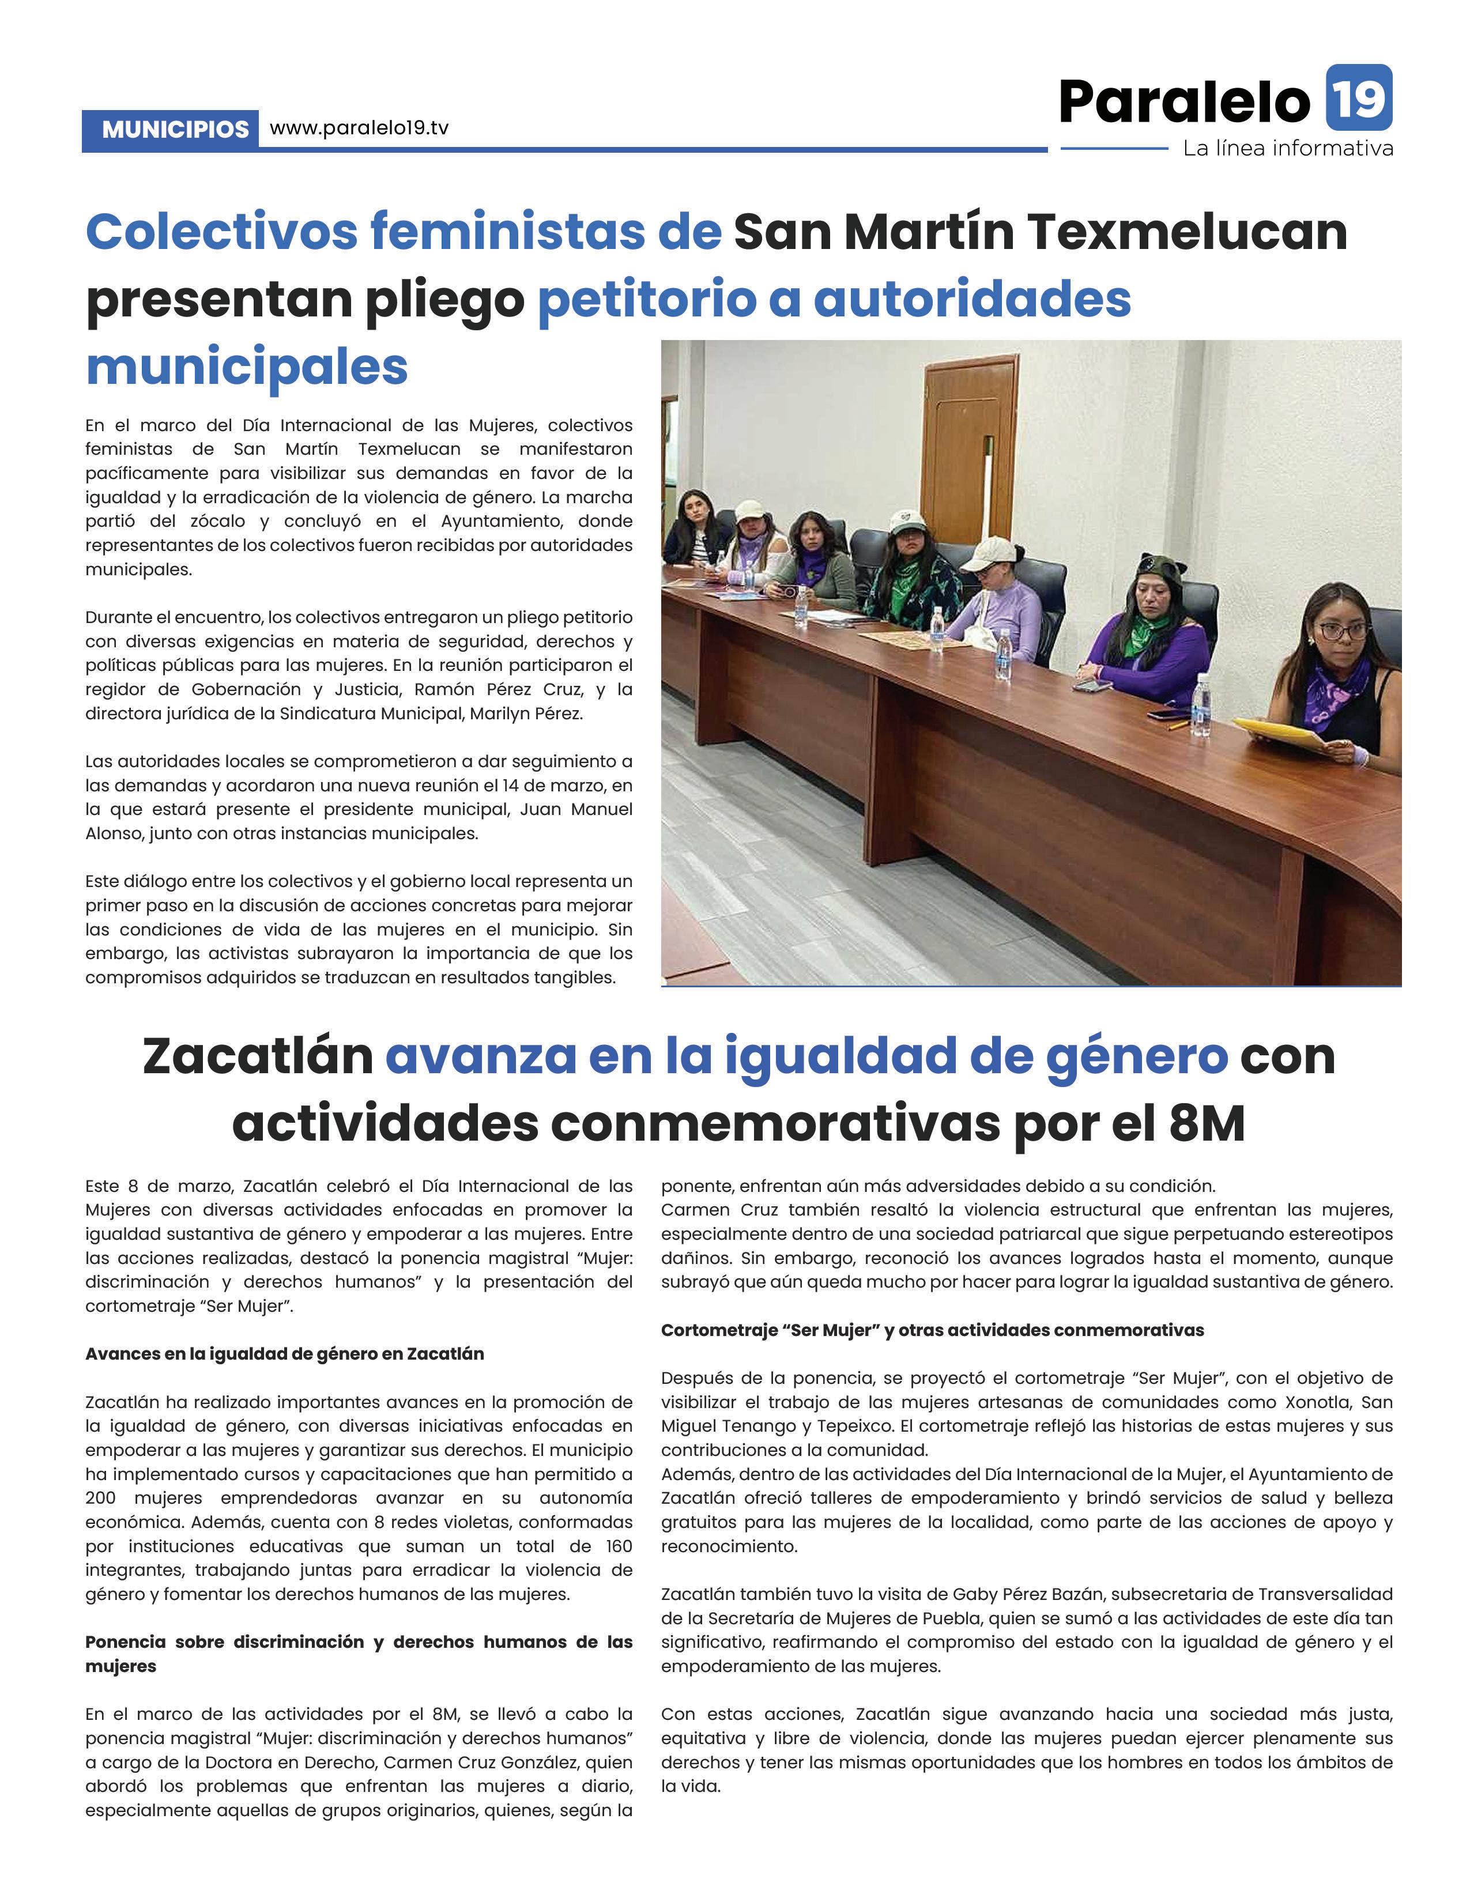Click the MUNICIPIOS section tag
click(x=175, y=130)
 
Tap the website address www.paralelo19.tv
click(x=359, y=128)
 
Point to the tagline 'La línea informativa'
click(x=1287, y=149)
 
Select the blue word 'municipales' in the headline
click(x=247, y=367)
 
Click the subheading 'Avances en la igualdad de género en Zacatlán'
click(x=285, y=1354)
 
